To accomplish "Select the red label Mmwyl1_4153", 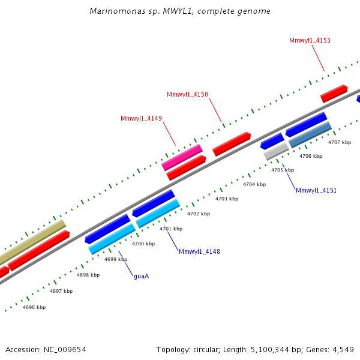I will pos(310,41).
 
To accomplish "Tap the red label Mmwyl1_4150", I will pos(187,94).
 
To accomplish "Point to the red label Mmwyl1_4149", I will pos(141,118).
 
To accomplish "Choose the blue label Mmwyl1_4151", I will pos(316,190).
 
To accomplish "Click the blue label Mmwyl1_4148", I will pos(199,251).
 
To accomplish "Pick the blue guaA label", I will pos(141,276).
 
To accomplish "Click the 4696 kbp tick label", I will pos(34,307).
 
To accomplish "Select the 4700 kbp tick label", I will pos(143,244).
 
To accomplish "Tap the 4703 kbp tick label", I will pos(227,199).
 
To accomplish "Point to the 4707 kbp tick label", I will pos(340,142).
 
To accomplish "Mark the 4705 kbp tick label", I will pos(283,170).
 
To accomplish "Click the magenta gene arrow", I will pos(182,157).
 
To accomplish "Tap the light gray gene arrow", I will pos(276,151).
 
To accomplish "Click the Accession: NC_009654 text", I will pos(46,349).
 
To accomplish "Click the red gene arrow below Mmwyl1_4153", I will pos(334,93).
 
